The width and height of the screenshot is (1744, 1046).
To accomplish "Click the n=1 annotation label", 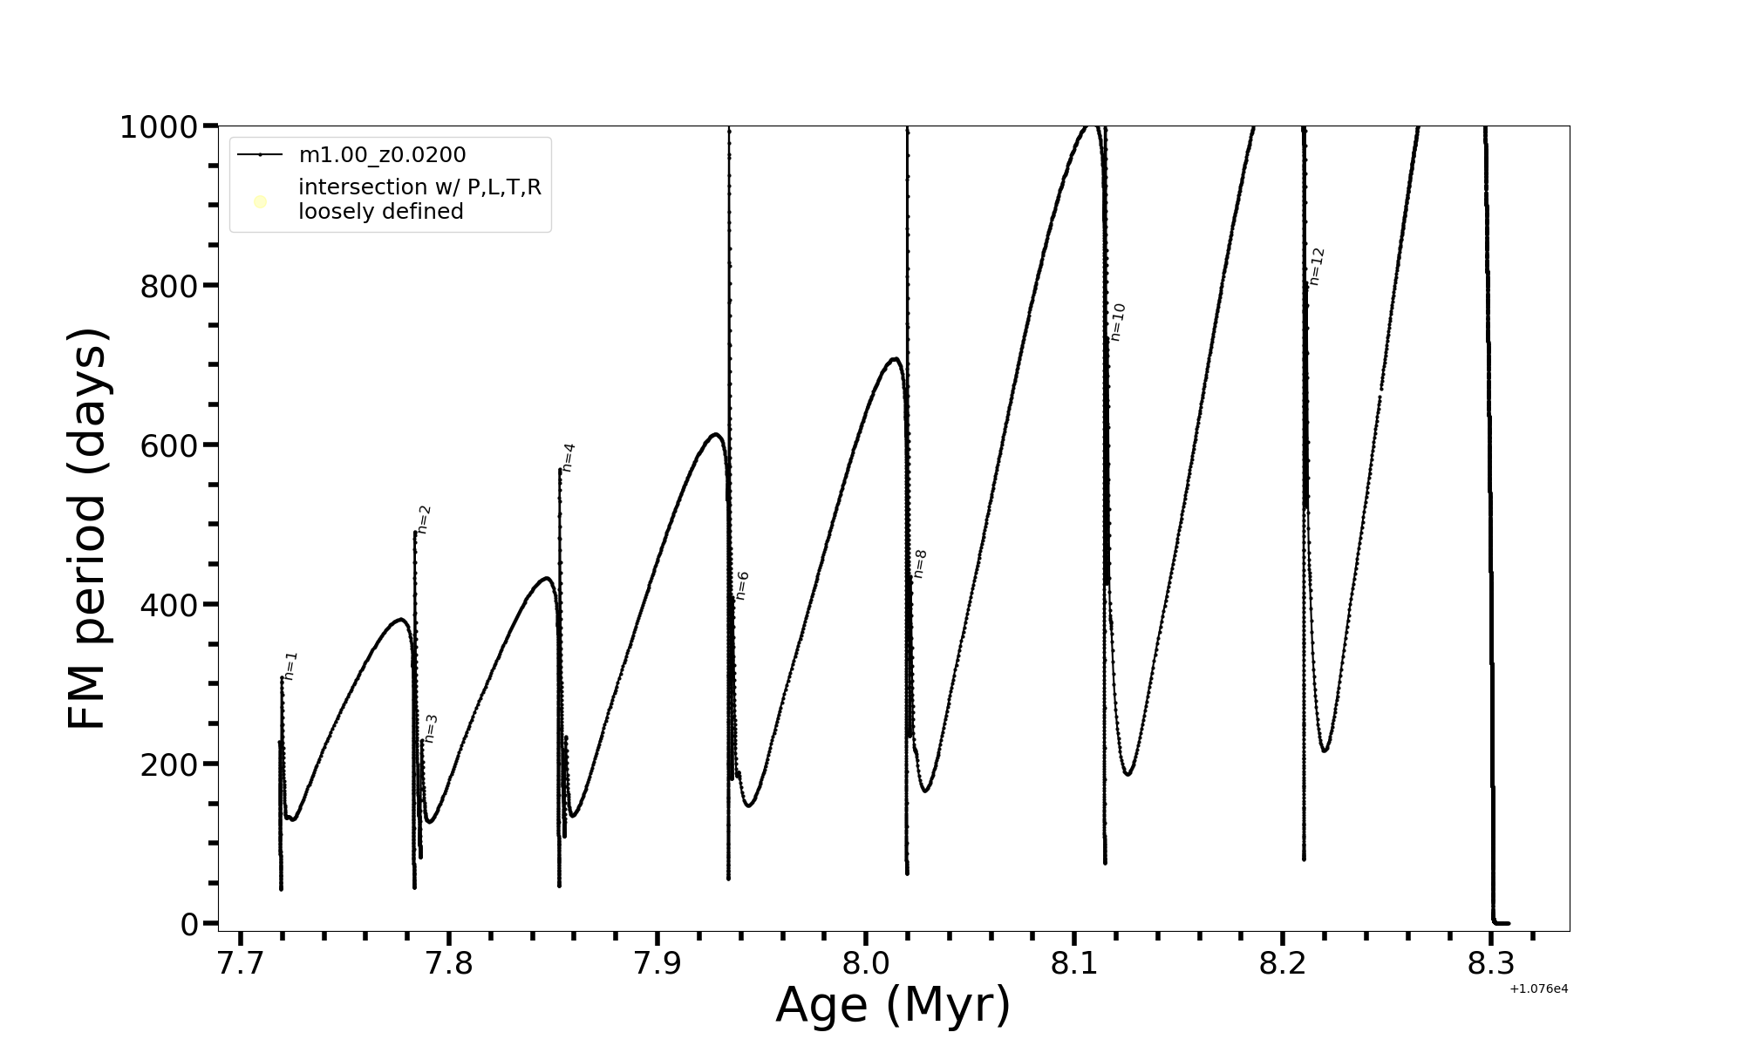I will click(291, 666).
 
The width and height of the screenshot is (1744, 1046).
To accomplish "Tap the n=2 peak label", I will click(424, 520).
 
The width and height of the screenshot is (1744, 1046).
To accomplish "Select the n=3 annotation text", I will click(431, 729).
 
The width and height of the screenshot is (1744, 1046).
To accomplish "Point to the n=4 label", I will click(569, 458).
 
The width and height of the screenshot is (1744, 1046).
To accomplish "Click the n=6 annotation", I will click(742, 586).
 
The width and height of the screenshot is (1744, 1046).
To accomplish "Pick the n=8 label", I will click(920, 564).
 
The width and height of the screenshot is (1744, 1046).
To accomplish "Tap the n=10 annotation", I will click(1118, 322).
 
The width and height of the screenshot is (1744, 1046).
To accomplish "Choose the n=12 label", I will click(1317, 266).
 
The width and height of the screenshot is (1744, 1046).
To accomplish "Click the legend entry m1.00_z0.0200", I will click(382, 155).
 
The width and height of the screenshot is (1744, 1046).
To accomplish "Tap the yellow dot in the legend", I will click(260, 202).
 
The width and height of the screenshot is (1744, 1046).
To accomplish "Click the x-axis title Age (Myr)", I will click(893, 1004).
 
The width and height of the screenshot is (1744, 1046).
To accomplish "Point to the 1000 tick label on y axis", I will click(158, 127).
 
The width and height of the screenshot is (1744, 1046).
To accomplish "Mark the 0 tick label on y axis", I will click(189, 925).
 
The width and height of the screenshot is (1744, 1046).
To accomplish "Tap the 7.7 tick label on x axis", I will click(241, 964).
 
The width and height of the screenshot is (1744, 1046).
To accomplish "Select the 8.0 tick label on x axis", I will click(866, 964).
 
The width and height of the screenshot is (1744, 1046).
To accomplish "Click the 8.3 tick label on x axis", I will click(1491, 964).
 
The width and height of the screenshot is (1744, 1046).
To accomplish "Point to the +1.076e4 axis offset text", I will click(1538, 988).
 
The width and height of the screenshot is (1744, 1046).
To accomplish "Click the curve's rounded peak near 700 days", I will click(894, 358).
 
